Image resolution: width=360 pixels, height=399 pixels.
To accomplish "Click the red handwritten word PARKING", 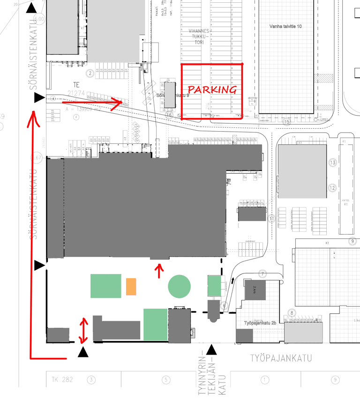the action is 212,89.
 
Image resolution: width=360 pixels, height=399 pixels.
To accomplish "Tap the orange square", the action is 131,287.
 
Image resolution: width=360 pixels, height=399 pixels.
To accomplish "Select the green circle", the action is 179,286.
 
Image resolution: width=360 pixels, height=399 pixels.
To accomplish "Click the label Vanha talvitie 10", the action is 285,26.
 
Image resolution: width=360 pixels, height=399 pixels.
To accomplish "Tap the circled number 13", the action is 333,163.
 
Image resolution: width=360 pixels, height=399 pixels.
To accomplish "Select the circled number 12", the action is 333,188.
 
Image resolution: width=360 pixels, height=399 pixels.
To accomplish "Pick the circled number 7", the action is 263,273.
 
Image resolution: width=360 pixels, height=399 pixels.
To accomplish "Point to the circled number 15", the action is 287,122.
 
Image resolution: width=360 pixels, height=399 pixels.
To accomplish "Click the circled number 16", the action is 170,115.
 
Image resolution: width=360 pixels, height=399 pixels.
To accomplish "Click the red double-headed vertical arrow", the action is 84,331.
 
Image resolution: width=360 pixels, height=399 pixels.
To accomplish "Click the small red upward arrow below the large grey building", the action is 159,270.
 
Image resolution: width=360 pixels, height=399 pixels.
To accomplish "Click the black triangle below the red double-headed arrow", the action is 83,352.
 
